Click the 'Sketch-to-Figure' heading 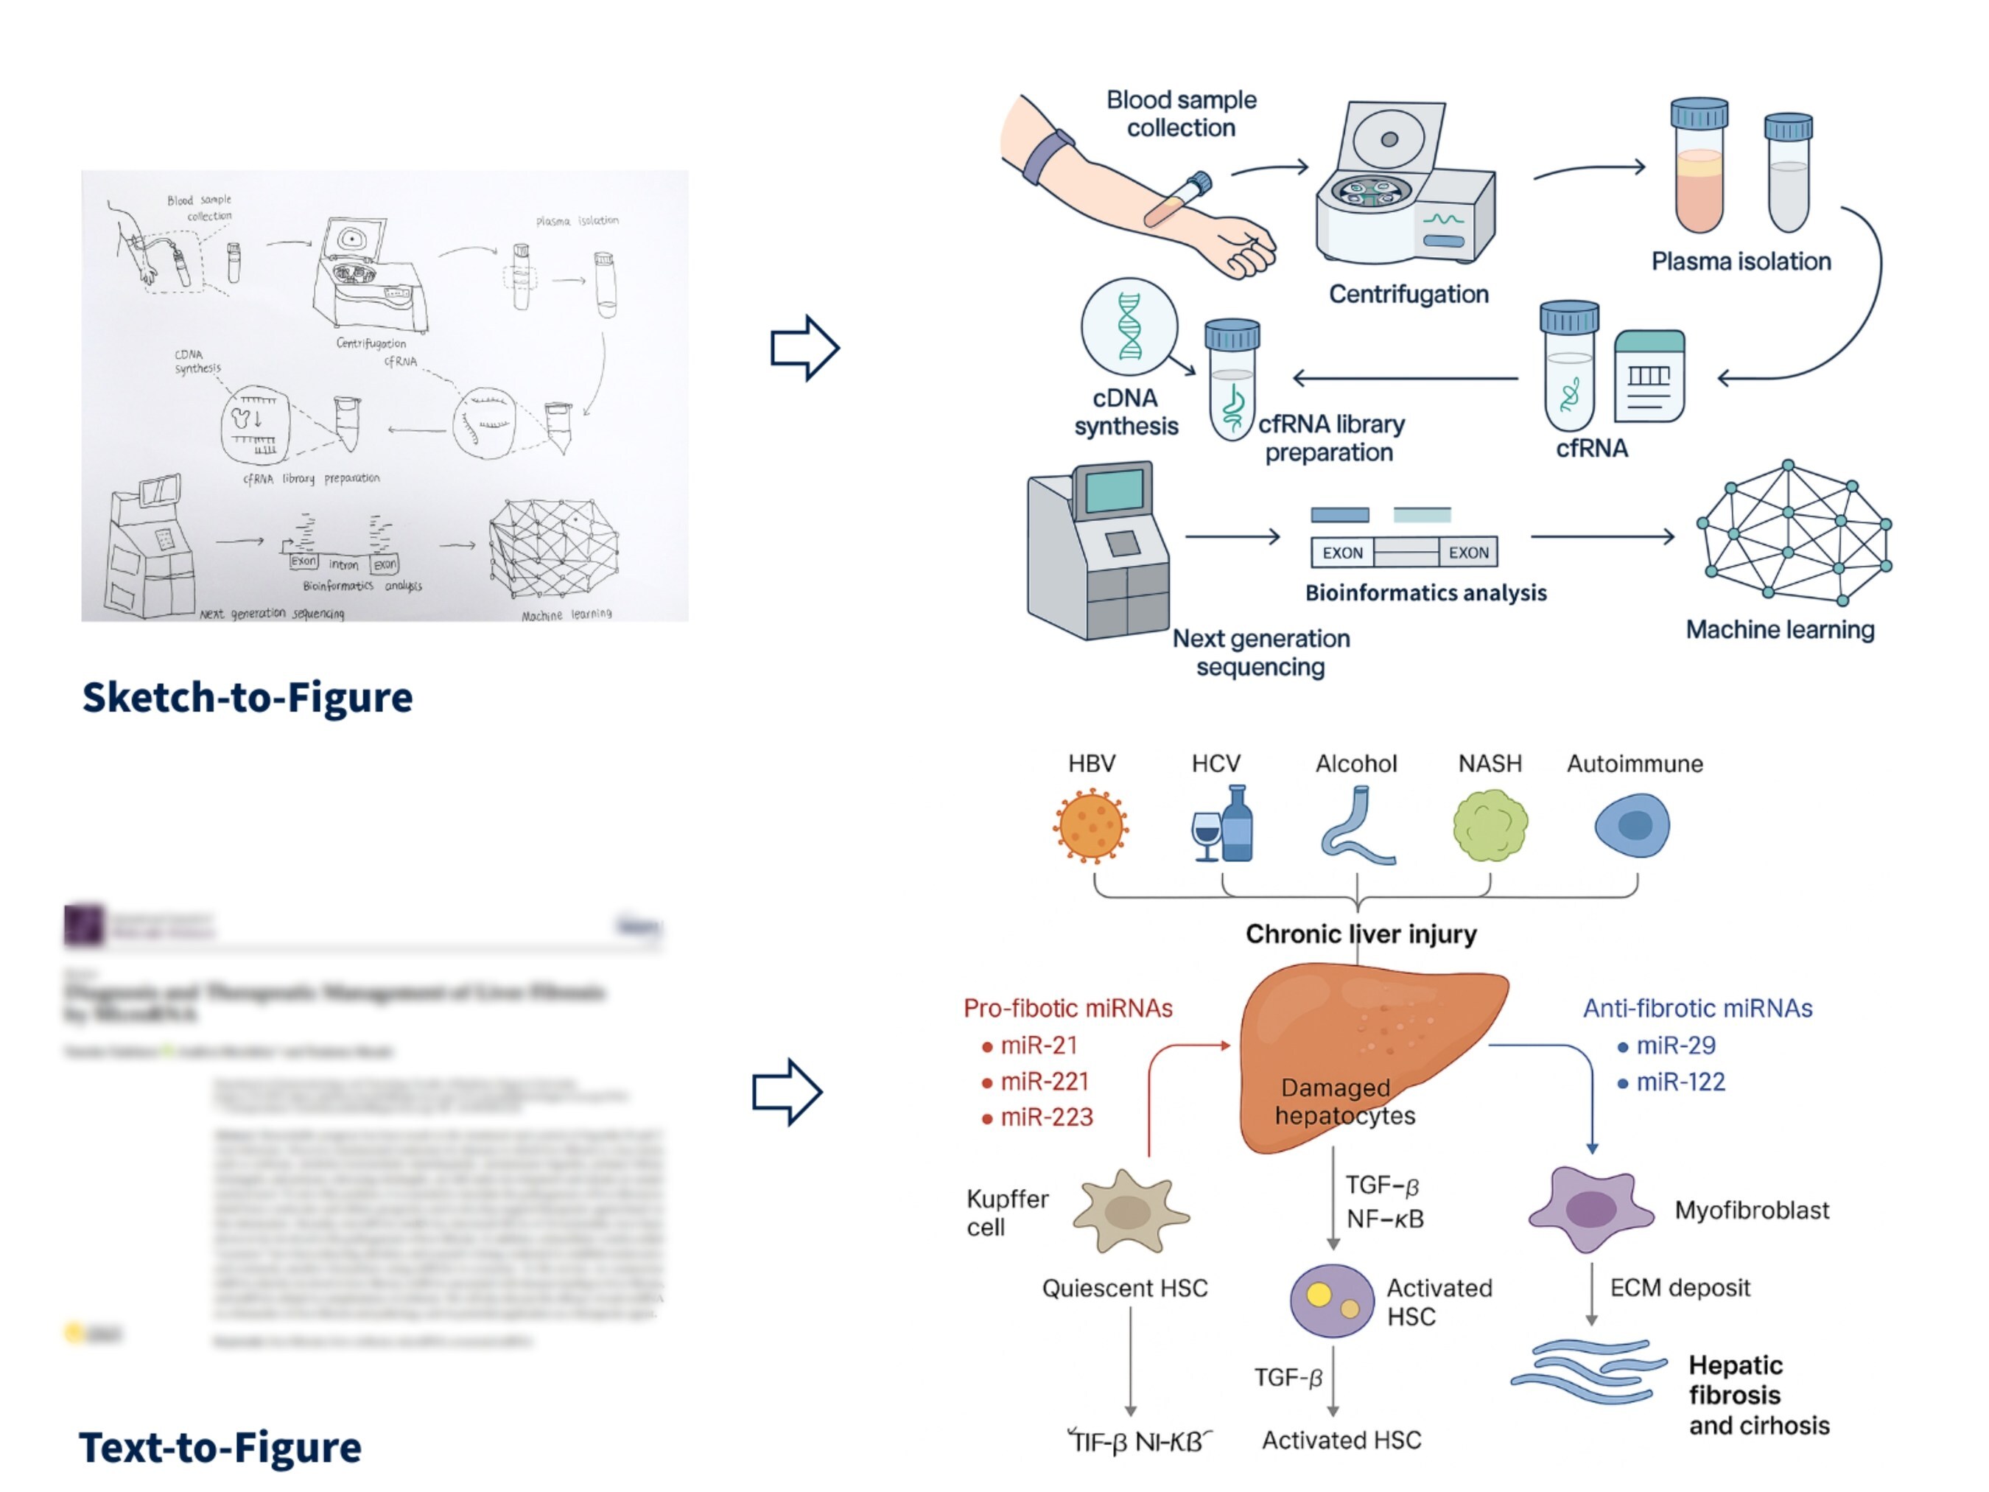tap(248, 698)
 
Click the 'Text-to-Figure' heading tap(220, 1447)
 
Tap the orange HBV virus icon tap(1091, 826)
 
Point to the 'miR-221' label tap(1044, 1081)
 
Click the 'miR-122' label tap(1680, 1082)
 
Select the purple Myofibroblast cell tap(1590, 1210)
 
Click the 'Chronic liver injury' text tap(1361, 934)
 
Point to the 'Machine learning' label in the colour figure tap(1780, 629)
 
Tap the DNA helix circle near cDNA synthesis tap(1129, 326)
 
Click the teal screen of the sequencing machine tap(1114, 491)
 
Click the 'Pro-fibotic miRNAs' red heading tap(1067, 1008)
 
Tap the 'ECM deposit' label tap(1680, 1288)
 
